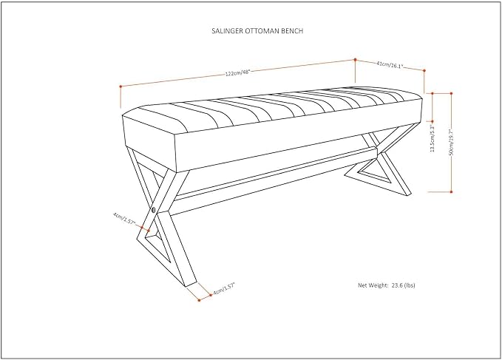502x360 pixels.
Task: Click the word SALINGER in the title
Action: pyautogui.click(x=227, y=31)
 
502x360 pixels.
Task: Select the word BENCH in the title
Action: pyautogui.click(x=292, y=31)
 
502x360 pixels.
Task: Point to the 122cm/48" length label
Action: pyautogui.click(x=237, y=73)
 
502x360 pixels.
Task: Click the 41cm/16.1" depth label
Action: pyautogui.click(x=390, y=65)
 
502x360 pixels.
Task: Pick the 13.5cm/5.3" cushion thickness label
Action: pyautogui.click(x=433, y=138)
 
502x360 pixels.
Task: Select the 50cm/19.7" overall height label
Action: pyautogui.click(x=452, y=142)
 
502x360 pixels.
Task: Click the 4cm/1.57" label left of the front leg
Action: pyautogui.click(x=124, y=219)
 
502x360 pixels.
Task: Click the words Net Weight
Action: pyautogui.click(x=373, y=285)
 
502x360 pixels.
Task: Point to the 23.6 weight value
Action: pyautogui.click(x=397, y=285)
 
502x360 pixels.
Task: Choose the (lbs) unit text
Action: pyautogui.click(x=410, y=285)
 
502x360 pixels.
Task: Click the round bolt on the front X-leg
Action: pyautogui.click(x=154, y=210)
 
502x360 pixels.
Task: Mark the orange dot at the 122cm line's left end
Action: pyautogui.click(x=121, y=86)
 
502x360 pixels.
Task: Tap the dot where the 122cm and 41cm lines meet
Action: pyautogui.click(x=355, y=60)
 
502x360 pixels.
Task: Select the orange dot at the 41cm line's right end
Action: pyautogui.click(x=424, y=70)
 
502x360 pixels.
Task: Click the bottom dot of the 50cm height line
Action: pyautogui.click(x=451, y=191)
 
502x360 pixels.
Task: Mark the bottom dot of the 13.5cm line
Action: pyautogui.click(x=433, y=121)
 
